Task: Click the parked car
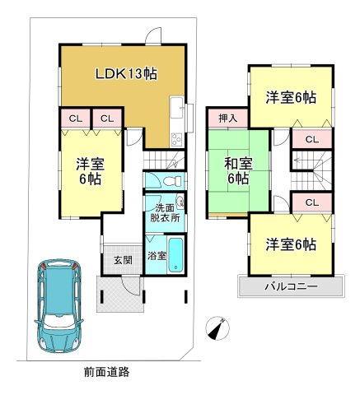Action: [58, 306]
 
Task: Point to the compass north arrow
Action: [217, 328]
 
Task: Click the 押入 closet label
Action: [228, 118]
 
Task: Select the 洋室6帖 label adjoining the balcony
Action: [291, 244]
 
